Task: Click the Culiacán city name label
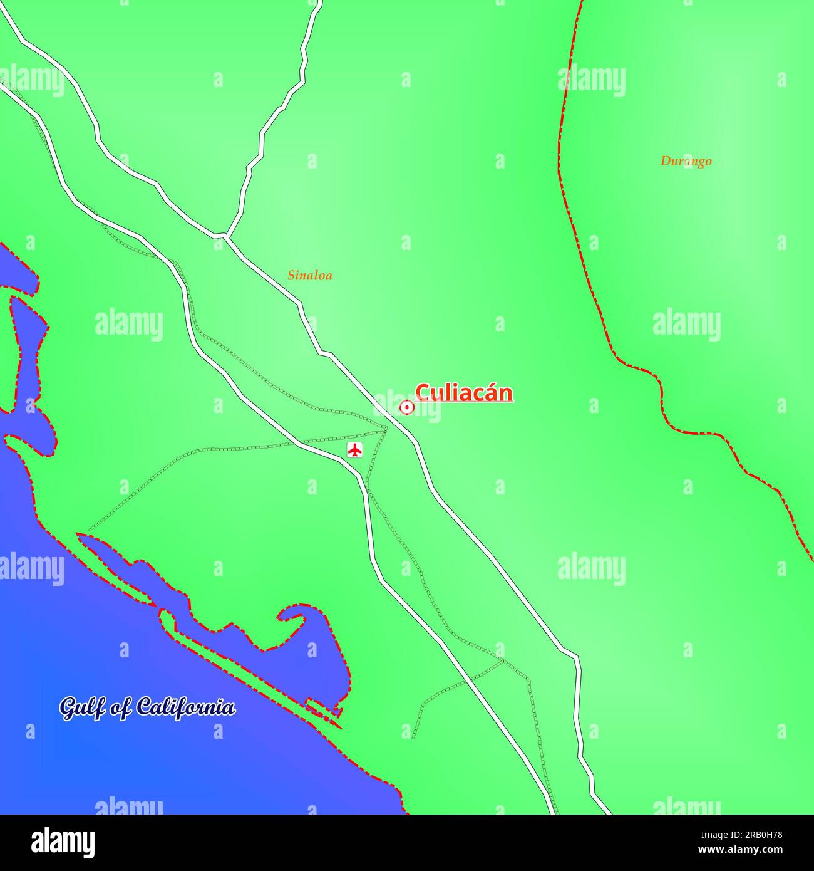[x=464, y=393]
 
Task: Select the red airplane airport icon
[x=355, y=450]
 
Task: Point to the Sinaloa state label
[x=310, y=275]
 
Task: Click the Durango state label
[x=686, y=161]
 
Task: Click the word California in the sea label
[x=186, y=707]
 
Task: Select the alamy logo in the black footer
[x=63, y=843]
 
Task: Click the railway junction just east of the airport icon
[x=386, y=429]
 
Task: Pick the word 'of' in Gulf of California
[x=119, y=708]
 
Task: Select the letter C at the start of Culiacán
[x=423, y=393]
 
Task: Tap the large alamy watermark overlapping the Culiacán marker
[x=407, y=404]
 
